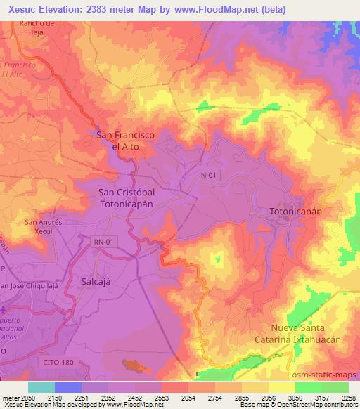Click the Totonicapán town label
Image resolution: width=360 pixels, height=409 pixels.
[x=296, y=211]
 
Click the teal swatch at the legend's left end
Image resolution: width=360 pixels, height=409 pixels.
[x=41, y=387]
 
